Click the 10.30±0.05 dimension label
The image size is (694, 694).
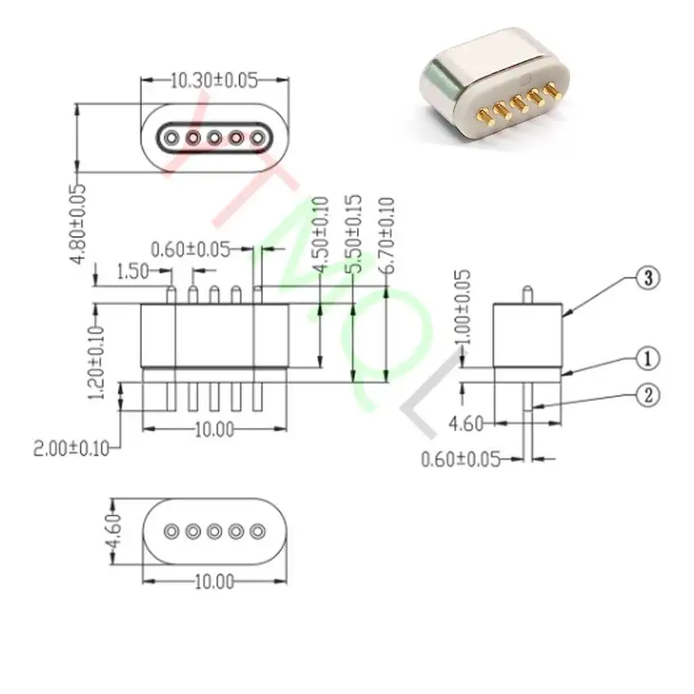pyautogui.click(x=213, y=80)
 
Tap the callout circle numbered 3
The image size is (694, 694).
pyautogui.click(x=647, y=278)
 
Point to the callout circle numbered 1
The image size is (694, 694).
pyautogui.click(x=647, y=358)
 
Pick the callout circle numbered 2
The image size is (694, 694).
pyautogui.click(x=647, y=396)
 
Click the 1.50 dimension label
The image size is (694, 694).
pyautogui.click(x=132, y=271)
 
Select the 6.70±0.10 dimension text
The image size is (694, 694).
pyautogui.click(x=387, y=236)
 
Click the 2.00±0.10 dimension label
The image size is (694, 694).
pyautogui.click(x=71, y=447)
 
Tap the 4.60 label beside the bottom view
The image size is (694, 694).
pyautogui.click(x=114, y=532)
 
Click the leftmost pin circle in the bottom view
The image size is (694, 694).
pyautogui.click(x=171, y=532)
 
